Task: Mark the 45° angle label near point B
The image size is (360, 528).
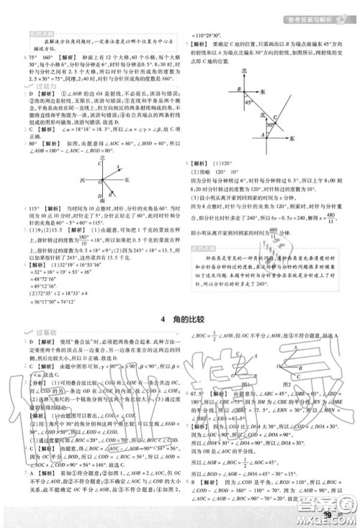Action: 249,102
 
